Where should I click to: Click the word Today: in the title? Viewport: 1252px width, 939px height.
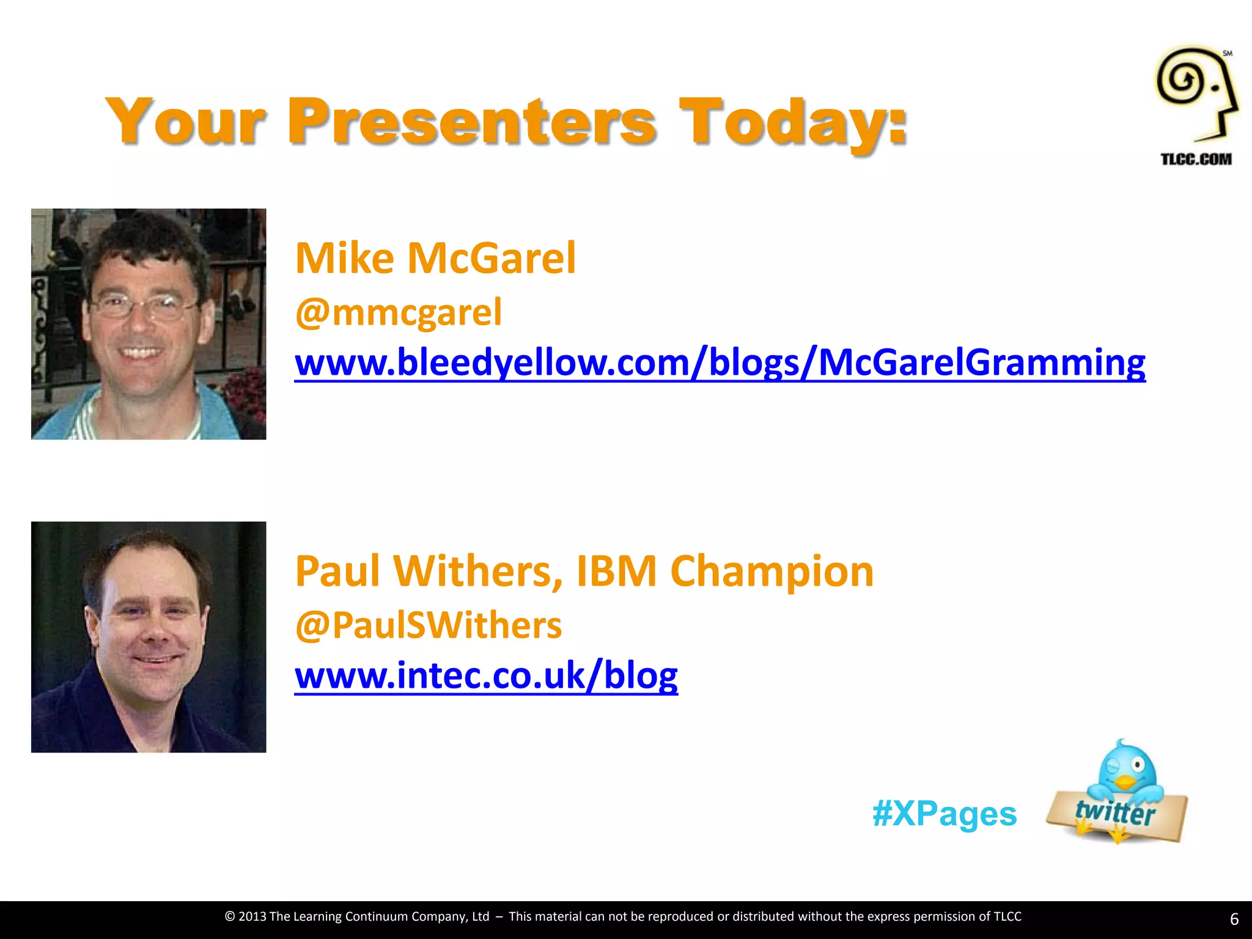click(794, 122)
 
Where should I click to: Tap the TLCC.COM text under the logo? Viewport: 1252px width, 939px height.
click(1196, 159)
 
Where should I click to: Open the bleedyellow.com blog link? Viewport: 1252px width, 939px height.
click(720, 363)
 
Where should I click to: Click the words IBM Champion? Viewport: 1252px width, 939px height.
click(725, 571)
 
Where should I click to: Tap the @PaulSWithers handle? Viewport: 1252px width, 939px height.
click(428, 625)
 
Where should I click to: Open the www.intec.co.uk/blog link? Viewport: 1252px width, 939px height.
click(486, 676)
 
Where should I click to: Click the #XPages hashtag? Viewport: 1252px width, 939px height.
click(945, 814)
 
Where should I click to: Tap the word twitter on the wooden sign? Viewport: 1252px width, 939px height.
click(1115, 812)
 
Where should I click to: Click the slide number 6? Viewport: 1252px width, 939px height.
click(1234, 919)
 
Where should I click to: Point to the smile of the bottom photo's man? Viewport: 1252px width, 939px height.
click(156, 660)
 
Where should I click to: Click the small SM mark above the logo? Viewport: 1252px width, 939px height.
click(1227, 53)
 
